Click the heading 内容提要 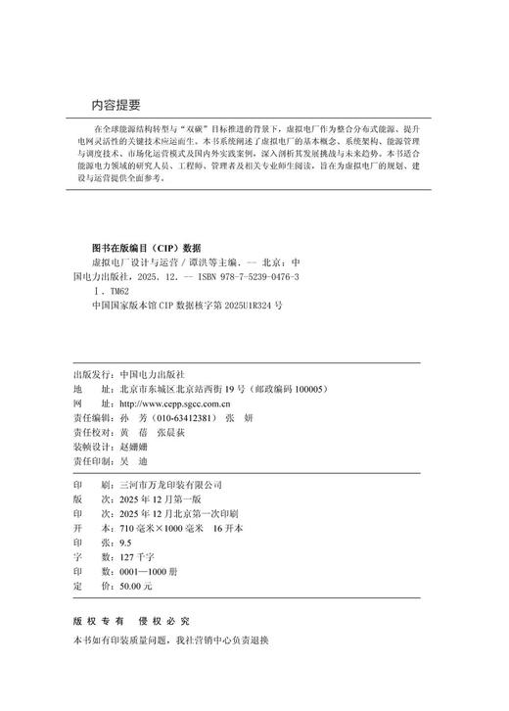click(116, 106)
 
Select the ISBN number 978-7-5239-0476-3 click(247, 277)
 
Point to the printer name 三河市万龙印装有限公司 click(167, 485)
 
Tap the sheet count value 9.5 click(123, 542)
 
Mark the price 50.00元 click(134, 585)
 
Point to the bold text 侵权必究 click(163, 621)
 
